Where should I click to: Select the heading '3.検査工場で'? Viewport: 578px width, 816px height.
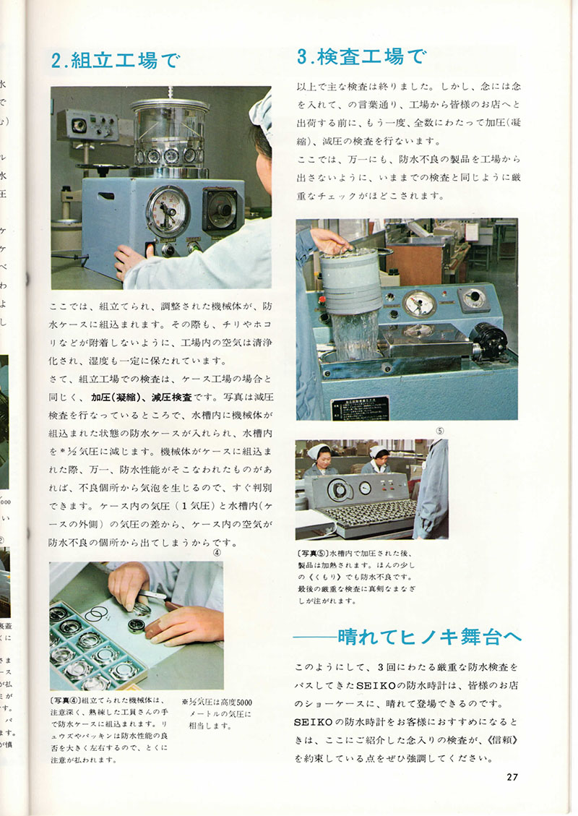coord(361,56)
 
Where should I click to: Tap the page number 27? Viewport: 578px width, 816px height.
coord(512,777)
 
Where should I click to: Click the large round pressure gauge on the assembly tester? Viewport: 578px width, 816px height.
coord(168,212)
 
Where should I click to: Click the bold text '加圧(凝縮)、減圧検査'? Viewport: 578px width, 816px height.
coord(141,398)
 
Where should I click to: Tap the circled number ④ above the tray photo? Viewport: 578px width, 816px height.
coord(216,554)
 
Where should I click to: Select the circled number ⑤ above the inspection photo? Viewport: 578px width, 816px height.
coord(440,431)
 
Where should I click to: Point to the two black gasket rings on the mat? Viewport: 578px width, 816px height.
coord(95,615)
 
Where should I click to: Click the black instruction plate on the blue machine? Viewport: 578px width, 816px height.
coord(360,408)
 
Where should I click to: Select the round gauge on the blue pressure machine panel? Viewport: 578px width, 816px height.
coord(419,304)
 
